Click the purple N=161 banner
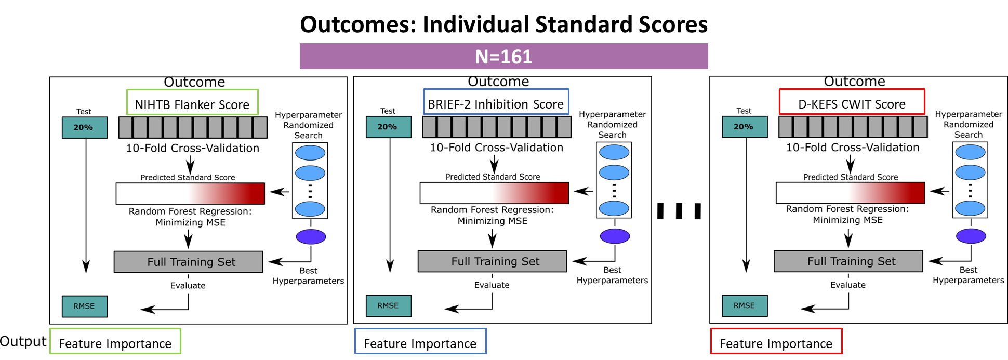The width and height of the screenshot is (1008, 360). tap(503, 56)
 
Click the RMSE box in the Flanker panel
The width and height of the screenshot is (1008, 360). tap(84, 306)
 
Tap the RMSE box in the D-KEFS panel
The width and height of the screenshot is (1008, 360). tap(744, 305)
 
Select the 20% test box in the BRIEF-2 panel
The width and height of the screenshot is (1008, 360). tap(388, 127)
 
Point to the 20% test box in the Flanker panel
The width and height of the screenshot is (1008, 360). tap(84, 127)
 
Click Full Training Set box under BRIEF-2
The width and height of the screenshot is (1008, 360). tap(492, 261)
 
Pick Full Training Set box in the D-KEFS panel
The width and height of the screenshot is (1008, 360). tap(848, 261)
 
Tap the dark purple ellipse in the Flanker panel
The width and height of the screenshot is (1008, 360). tap(311, 237)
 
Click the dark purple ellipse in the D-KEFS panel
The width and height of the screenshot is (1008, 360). tap(971, 236)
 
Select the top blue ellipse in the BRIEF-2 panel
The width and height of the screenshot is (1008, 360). tap(614, 152)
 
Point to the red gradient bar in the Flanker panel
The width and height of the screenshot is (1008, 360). tap(190, 193)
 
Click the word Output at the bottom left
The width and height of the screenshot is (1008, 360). tap(23, 341)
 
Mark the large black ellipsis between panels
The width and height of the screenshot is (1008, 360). tap(679, 211)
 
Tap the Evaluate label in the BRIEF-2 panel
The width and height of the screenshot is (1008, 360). tap(492, 285)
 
